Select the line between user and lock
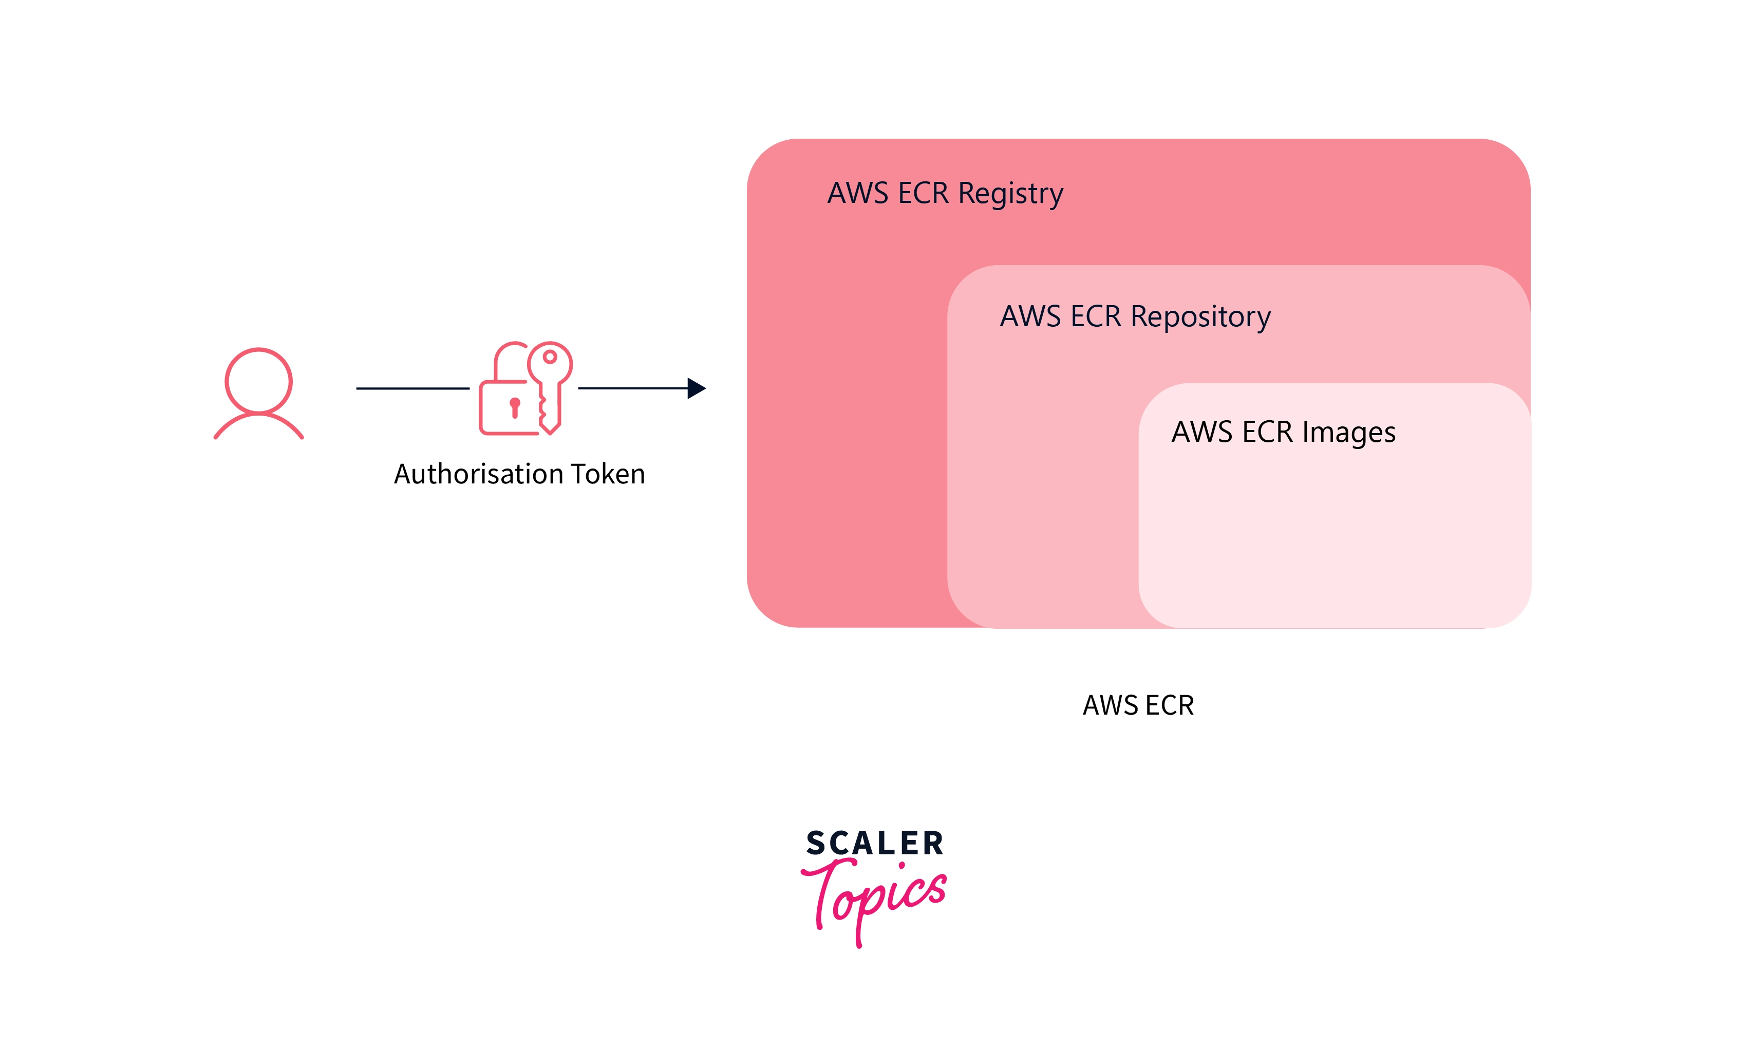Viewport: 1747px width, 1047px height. pyautogui.click(x=412, y=388)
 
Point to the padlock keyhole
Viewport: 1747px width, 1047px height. pyautogui.click(x=515, y=406)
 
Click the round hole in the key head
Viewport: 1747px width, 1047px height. pyautogui.click(x=550, y=357)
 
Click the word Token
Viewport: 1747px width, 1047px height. pyautogui.click(x=608, y=474)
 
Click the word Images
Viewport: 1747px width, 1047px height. pyautogui.click(x=1348, y=433)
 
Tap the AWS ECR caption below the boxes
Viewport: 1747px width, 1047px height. pyautogui.click(x=1138, y=705)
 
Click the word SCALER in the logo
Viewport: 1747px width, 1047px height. pyautogui.click(x=875, y=843)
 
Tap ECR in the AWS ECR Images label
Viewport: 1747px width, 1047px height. pyautogui.click(x=1267, y=433)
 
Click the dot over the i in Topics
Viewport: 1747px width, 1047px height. pyautogui.click(x=901, y=865)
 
